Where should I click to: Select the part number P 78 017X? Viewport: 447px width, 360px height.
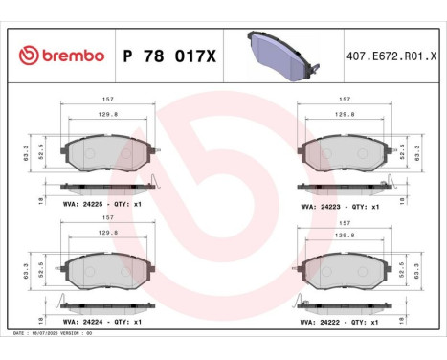[170, 56]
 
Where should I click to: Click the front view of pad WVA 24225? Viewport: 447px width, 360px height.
[107, 152]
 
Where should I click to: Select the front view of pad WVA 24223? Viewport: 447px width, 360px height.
[343, 152]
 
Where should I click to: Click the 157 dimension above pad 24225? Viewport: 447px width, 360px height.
[107, 99]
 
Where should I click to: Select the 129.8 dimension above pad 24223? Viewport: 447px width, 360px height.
[343, 112]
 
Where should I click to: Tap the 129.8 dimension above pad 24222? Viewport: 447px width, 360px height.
[343, 233]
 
